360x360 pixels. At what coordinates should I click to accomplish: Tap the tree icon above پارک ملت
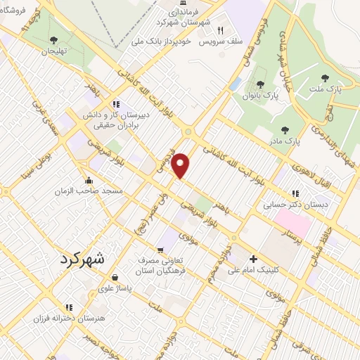(324, 78)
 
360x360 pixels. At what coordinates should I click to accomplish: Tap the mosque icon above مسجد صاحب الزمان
(89, 178)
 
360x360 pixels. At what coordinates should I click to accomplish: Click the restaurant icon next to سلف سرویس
(220, 31)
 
